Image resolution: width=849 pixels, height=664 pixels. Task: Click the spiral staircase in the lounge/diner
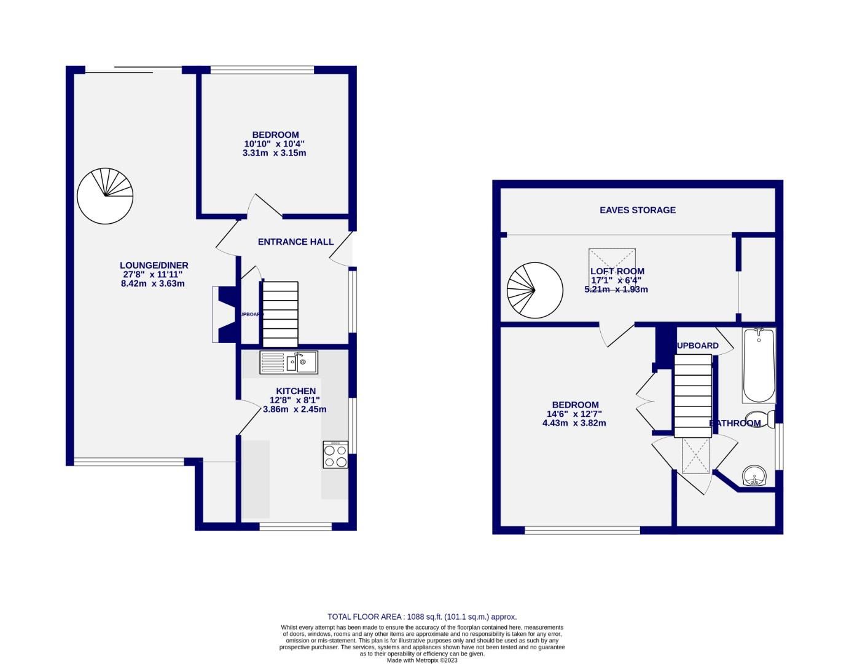click(105, 196)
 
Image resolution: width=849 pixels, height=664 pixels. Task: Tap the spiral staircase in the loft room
click(534, 290)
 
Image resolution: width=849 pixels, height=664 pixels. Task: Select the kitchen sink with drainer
click(288, 362)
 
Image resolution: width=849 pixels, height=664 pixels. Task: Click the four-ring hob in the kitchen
click(335, 455)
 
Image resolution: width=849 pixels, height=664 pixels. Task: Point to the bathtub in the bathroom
click(759, 365)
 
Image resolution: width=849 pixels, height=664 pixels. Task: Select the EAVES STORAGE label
click(637, 210)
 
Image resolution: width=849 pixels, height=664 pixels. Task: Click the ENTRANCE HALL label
click(295, 242)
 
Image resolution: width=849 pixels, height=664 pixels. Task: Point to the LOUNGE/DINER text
click(154, 266)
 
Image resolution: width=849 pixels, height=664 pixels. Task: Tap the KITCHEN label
click(295, 391)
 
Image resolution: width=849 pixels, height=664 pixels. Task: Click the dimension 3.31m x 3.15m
click(274, 153)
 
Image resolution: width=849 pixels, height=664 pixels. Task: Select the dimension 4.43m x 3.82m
click(574, 423)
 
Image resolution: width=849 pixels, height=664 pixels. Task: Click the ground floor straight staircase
click(280, 314)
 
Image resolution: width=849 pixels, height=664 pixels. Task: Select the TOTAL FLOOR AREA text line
click(422, 617)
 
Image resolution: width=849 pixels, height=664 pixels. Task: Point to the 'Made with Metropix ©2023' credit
click(422, 660)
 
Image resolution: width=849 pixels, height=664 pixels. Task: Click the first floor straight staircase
click(693, 397)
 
